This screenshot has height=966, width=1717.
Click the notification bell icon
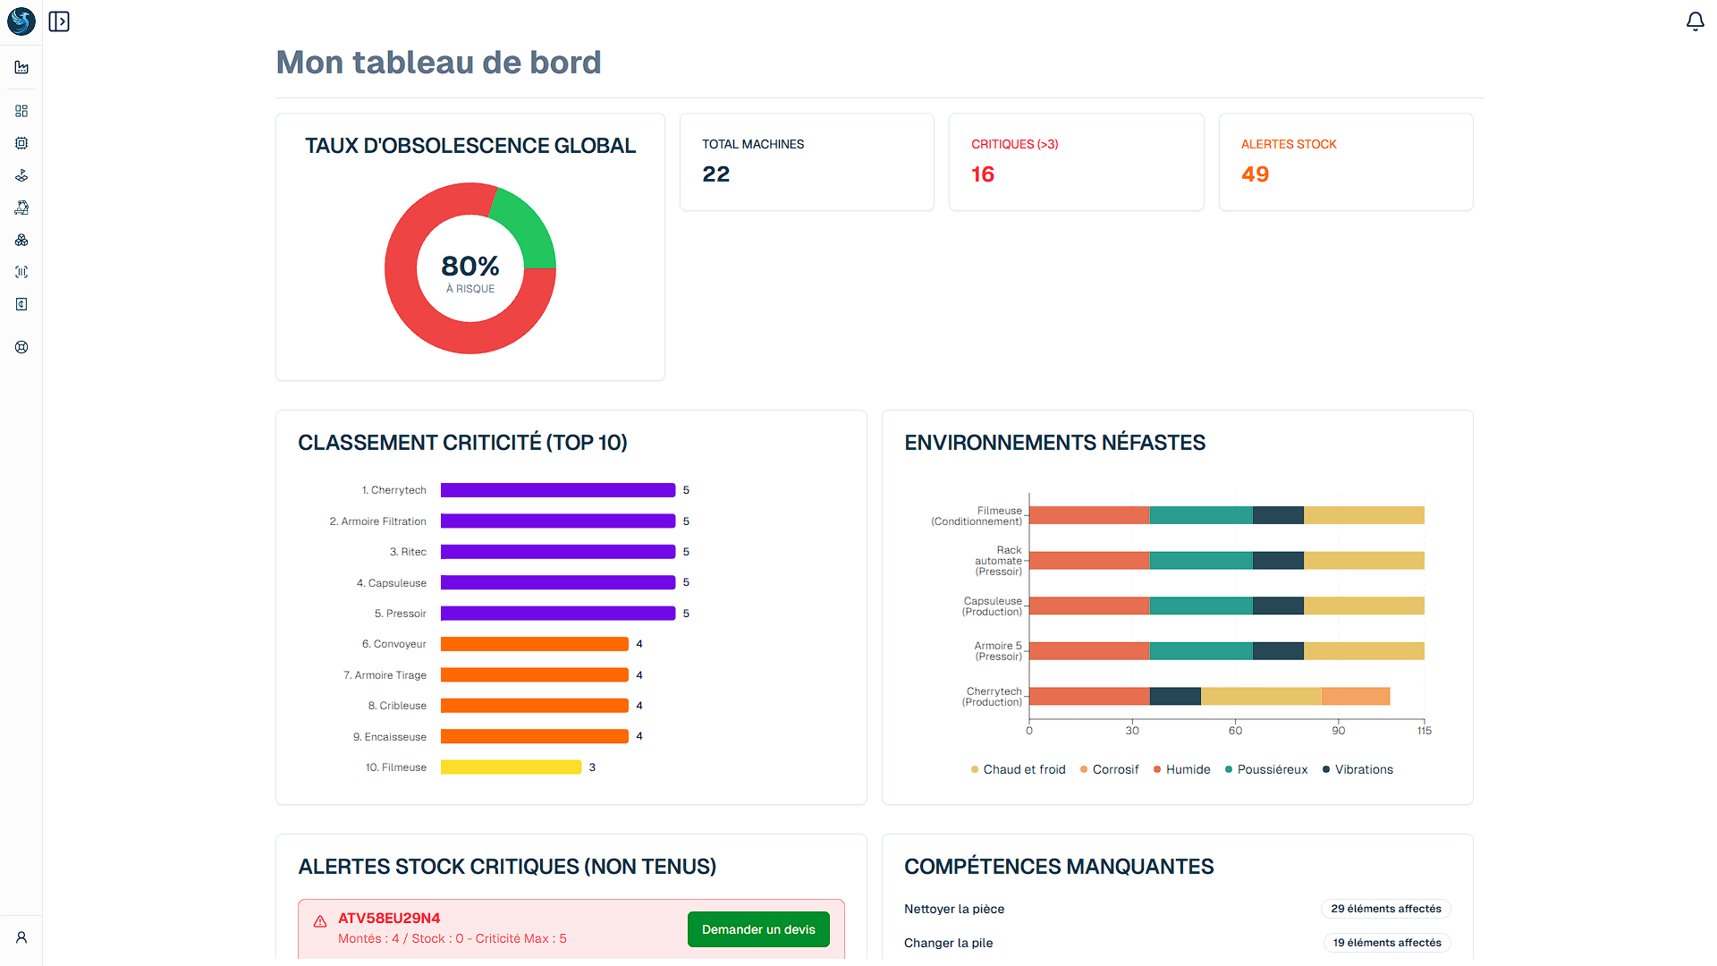(x=1695, y=21)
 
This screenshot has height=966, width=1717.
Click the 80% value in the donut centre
(x=470, y=267)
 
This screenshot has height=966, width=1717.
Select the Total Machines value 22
(x=715, y=174)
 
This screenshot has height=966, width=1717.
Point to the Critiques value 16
(x=983, y=174)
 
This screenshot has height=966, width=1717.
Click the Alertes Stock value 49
(x=1255, y=174)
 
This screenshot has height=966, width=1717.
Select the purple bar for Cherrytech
(x=557, y=490)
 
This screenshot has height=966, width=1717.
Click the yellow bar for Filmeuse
(x=511, y=767)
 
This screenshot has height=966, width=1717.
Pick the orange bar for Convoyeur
(x=534, y=644)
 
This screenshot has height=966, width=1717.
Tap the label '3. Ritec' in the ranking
(x=408, y=552)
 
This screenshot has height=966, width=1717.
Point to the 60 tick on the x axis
(x=1235, y=731)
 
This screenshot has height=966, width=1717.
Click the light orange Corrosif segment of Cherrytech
(x=1355, y=696)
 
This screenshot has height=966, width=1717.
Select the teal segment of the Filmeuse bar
(x=1200, y=515)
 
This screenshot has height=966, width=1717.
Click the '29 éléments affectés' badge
(x=1385, y=909)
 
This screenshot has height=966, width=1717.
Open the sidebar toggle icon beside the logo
(x=59, y=21)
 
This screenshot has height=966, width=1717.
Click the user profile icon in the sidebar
(x=21, y=937)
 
